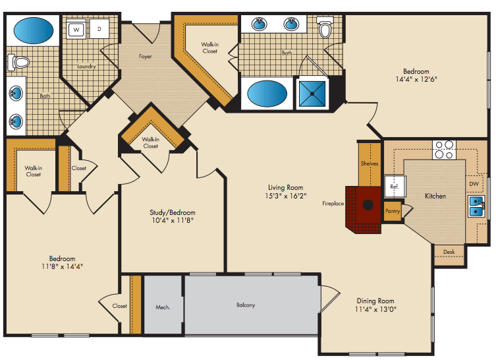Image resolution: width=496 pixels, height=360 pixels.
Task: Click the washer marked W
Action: [76, 30]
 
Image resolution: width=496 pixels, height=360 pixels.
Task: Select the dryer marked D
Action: [99, 29]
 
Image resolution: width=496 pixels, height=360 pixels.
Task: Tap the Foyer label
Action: [146, 56]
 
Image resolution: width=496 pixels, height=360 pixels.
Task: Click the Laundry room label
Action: [86, 66]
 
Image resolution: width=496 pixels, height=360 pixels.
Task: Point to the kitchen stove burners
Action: [444, 150]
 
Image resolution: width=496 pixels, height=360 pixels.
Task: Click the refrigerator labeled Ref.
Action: [395, 187]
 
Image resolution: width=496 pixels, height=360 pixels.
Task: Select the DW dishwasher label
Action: [474, 184]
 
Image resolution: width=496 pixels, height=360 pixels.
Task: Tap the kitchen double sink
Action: [476, 206]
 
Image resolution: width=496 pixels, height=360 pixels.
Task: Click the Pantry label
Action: [393, 211]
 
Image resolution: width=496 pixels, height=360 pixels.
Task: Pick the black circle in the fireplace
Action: [368, 205]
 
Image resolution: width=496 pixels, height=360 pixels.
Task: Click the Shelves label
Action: [370, 164]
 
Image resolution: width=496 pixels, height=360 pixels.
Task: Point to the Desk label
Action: [449, 252]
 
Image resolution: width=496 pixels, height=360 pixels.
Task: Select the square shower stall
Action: [312, 94]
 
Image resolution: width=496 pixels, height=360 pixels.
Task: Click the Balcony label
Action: [246, 305]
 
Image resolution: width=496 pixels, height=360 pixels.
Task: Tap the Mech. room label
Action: [163, 307]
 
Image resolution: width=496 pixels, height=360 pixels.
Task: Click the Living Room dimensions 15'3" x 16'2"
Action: [286, 196]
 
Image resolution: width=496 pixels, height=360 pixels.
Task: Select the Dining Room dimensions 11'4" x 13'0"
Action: [375, 309]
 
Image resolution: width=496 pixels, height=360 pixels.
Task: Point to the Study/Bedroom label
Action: [173, 212]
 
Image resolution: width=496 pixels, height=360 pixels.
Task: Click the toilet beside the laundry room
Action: [18, 63]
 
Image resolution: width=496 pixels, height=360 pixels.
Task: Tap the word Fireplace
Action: [333, 204]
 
